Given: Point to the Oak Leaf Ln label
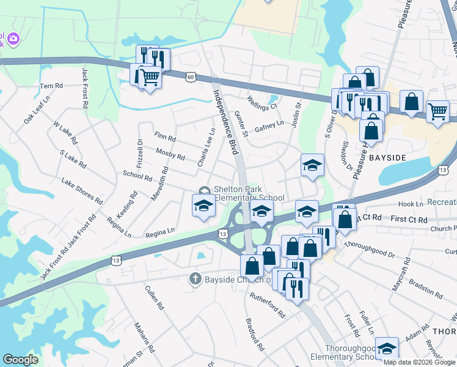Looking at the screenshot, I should point(37,109).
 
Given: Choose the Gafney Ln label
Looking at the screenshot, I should point(269,125).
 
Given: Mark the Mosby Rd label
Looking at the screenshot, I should point(170,153).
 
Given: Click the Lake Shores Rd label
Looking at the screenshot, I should point(81,190).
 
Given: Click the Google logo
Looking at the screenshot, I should point(21,360).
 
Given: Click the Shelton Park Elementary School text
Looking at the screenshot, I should point(248,193).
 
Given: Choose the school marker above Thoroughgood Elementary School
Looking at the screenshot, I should point(387,348).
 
